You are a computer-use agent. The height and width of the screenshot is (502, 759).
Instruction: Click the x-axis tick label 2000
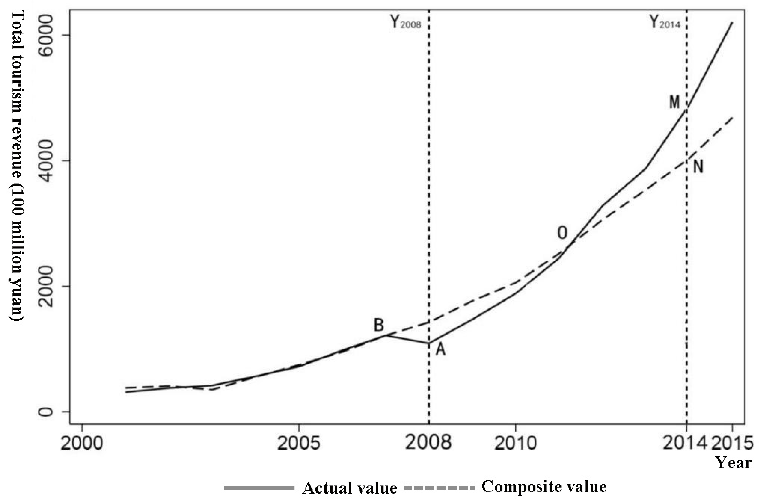pos(82,443)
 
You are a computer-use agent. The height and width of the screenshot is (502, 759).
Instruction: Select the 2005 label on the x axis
pos(299,443)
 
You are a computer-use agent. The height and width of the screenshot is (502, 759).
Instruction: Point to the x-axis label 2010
pos(515,443)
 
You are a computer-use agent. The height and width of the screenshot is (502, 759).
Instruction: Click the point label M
pos(674,102)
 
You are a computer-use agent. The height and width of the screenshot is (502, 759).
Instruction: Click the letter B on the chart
pos(379,325)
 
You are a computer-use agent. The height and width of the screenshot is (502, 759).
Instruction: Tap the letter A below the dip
pos(440,349)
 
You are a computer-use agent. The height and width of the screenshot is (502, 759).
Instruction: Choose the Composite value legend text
pos(544,487)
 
